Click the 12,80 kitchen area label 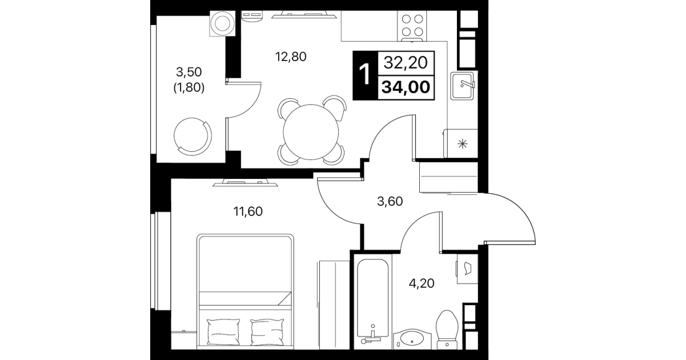(x=291, y=57)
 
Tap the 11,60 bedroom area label (x=248, y=211)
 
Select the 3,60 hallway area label (x=390, y=202)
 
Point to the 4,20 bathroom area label (x=422, y=283)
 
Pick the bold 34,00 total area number (x=406, y=87)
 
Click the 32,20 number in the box (x=406, y=63)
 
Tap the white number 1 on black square (x=365, y=75)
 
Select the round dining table (x=311, y=132)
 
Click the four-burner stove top (x=412, y=26)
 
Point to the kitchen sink (x=462, y=86)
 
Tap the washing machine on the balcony (x=222, y=23)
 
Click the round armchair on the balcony (x=192, y=137)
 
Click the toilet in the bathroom (x=447, y=330)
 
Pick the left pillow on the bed (x=223, y=333)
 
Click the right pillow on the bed (x=267, y=333)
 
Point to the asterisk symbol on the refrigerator (x=463, y=143)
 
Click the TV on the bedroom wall (x=245, y=183)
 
